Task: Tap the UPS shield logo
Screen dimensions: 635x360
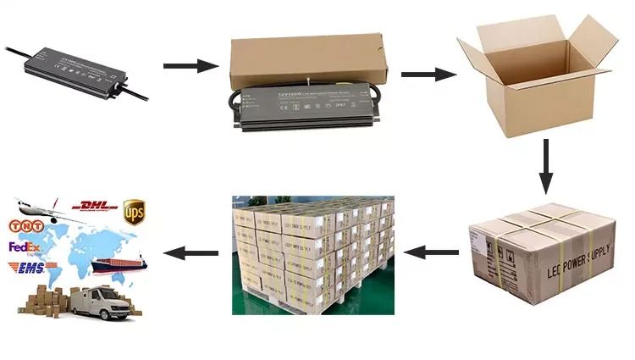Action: [x=134, y=210]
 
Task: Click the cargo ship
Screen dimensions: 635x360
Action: [x=119, y=263]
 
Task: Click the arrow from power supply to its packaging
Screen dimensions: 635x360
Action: [x=180, y=65]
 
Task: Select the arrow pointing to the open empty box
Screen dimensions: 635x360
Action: [x=423, y=75]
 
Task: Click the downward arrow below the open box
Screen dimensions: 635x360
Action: [x=546, y=164]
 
